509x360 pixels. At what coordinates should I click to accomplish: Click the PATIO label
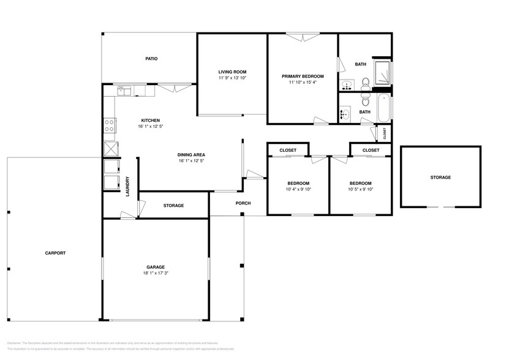tap(151, 59)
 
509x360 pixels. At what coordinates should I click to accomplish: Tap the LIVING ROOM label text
tap(232, 72)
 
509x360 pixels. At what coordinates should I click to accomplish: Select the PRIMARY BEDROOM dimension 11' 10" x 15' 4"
tap(303, 83)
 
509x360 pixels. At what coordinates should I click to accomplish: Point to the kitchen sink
tap(124, 91)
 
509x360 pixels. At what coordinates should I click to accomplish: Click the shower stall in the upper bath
tap(382, 73)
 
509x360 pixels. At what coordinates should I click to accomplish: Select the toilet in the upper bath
tap(364, 82)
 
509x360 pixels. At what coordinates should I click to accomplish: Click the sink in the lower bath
tap(345, 113)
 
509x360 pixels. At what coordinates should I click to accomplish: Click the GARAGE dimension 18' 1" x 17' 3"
tap(155, 273)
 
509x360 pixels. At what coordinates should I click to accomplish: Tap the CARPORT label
tap(55, 253)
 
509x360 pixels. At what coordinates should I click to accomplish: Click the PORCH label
tap(243, 203)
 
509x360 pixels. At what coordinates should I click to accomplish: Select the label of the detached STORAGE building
tap(440, 178)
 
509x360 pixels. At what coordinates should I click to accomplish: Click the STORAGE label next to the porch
tap(173, 206)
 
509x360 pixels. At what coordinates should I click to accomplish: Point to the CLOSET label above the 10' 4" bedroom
tap(288, 150)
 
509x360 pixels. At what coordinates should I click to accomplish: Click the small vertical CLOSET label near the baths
tap(385, 133)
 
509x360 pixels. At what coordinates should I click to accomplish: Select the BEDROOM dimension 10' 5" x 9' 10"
tap(360, 189)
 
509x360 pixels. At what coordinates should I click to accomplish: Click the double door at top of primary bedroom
tap(303, 37)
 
